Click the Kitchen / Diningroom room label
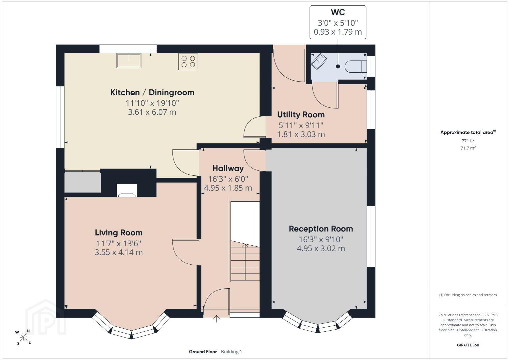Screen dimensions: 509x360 point(152,92)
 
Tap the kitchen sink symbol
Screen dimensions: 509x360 point(129,60)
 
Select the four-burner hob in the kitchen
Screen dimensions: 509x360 point(188,62)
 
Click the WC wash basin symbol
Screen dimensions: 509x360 point(319,61)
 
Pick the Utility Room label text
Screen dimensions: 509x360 point(301,115)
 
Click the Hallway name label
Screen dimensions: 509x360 point(228,168)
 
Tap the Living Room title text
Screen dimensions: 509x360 point(119,233)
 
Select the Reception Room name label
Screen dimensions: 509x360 point(321,229)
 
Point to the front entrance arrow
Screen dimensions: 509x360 point(216,319)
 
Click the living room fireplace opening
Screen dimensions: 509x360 point(127,190)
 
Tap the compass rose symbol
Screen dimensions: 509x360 point(23,338)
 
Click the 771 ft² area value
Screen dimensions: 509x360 point(468,141)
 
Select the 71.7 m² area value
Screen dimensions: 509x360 point(468,148)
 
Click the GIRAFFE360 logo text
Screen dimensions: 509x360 point(468,345)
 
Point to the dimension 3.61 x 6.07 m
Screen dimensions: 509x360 point(152,112)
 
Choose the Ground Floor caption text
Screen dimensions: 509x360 point(203,352)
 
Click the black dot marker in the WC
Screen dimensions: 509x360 point(338,67)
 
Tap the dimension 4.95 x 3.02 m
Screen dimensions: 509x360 point(321,248)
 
